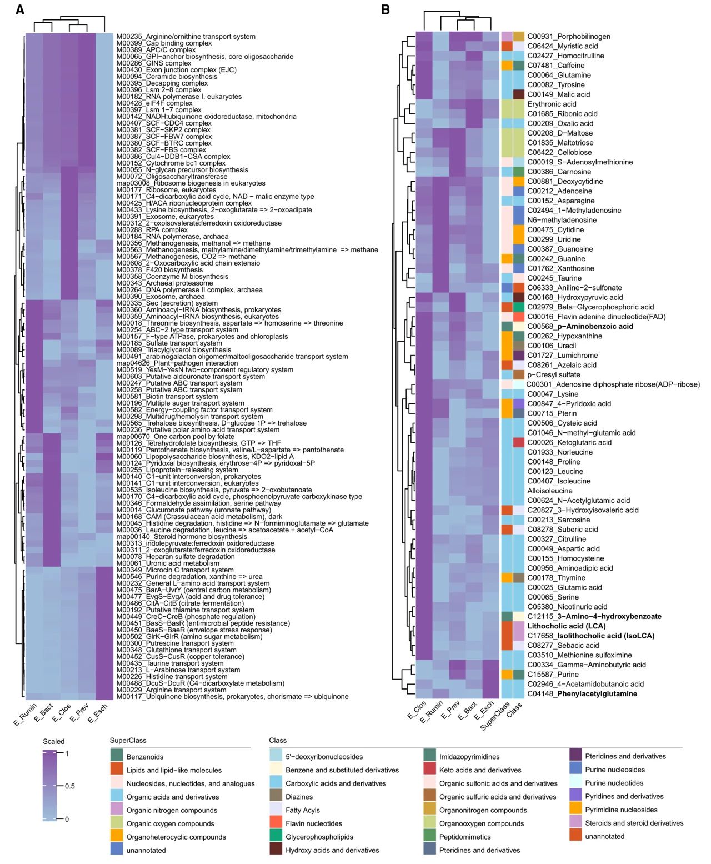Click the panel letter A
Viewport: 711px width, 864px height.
pyautogui.click(x=20, y=9)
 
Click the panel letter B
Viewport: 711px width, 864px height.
pyautogui.click(x=385, y=9)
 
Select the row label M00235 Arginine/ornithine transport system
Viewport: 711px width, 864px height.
pyautogui.click(x=186, y=37)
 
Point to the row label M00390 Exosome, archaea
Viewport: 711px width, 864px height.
pyautogui.click(x=160, y=297)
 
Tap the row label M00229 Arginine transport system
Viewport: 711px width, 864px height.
pyautogui.click(x=164, y=690)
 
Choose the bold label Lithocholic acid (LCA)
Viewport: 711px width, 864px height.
pyautogui.click(x=566, y=626)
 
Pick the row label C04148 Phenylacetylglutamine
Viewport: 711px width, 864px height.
pyautogui.click(x=582, y=694)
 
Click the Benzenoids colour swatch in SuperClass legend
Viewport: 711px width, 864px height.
pyautogui.click(x=116, y=756)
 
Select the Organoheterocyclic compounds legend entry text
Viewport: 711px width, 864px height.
pyautogui.click(x=176, y=837)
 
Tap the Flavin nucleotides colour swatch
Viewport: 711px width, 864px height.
pyautogui.click(x=276, y=823)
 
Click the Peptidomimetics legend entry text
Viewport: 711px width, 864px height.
pyautogui.click(x=465, y=837)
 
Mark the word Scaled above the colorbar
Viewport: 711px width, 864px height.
pyautogui.click(x=54, y=742)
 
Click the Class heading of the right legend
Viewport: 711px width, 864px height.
pyautogui.click(x=278, y=741)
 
